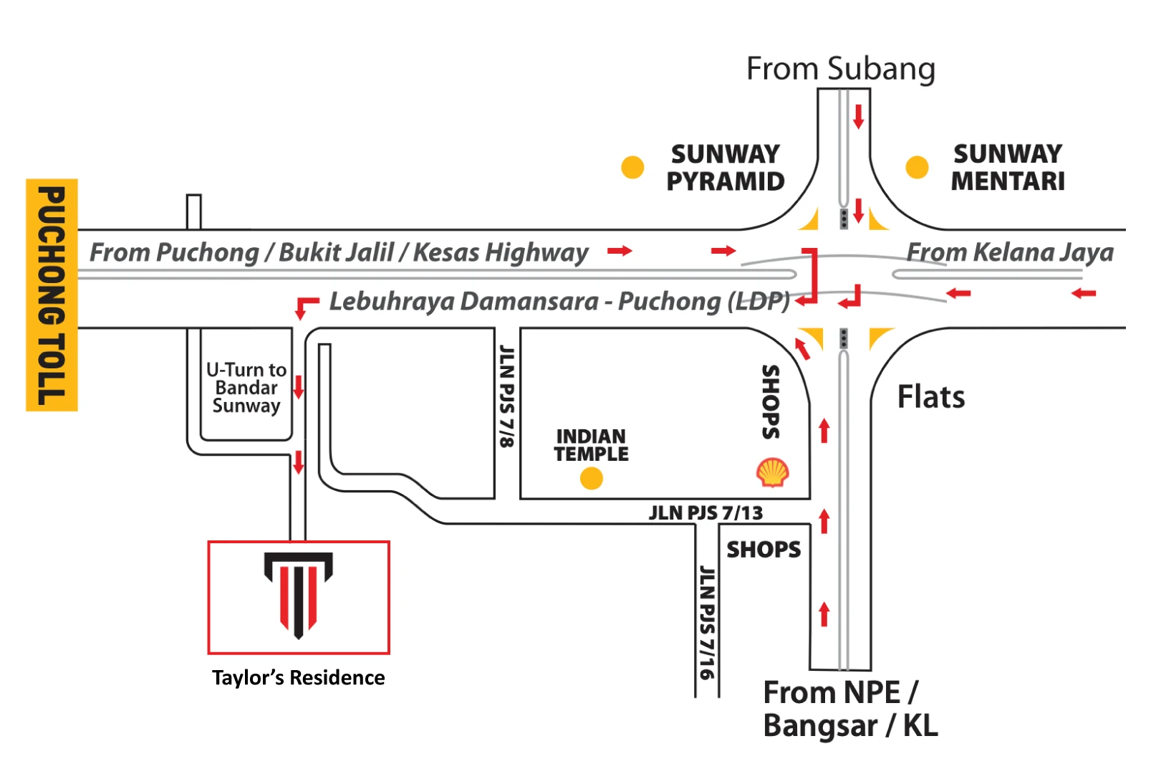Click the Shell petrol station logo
pos(773,472)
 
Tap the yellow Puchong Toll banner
pos(52,295)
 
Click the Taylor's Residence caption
pos(298,677)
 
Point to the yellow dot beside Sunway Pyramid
pos(632,167)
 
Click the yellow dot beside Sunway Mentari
pos(917,167)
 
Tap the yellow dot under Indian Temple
pos(592,478)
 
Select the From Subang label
pos(841,69)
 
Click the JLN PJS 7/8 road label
pos(507,396)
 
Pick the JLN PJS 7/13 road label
pos(705,513)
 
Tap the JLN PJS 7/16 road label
pos(707,622)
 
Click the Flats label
pos(931,396)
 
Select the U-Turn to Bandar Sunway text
pos(246,387)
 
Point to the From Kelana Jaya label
pos(1010,252)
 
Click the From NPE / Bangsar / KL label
pos(850,709)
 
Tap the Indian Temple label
pos(592,445)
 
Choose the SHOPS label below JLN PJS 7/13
pos(764,550)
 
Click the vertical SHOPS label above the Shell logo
pos(771,402)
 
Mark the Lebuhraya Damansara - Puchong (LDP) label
pos(560,302)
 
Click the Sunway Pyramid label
pos(726,168)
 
